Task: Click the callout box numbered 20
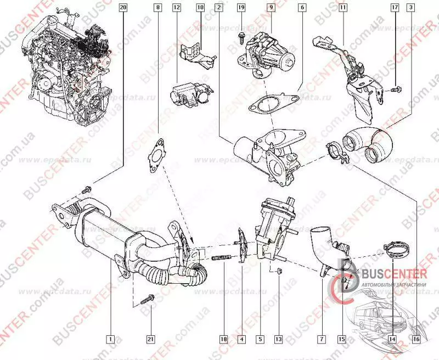(x=122, y=8)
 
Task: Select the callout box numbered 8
(x=159, y=8)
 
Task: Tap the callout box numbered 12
(x=176, y=8)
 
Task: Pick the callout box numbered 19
(x=241, y=8)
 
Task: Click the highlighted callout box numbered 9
(x=271, y=8)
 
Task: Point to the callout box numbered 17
(x=395, y=8)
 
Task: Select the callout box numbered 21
(x=150, y=339)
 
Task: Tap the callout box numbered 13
(x=278, y=339)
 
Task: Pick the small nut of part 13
(x=278, y=270)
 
